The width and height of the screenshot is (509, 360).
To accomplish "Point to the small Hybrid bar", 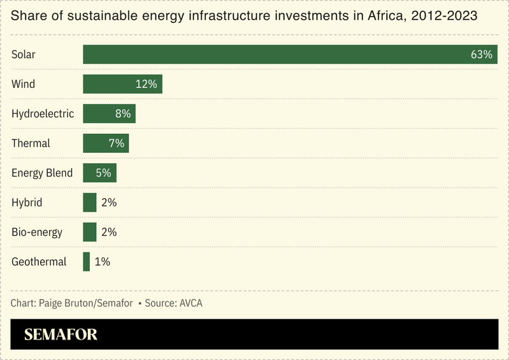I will pos(90,203).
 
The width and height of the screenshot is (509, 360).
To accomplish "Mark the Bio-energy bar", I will pos(90,232).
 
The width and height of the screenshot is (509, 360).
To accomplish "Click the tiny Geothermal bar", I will pos(87,261).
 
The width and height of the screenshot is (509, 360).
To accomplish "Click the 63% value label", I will pos(481,55).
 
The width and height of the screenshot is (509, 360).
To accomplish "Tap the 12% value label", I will pos(146,84).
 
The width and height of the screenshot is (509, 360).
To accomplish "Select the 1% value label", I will pos(102,261).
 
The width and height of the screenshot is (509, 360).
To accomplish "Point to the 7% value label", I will pos(116,143).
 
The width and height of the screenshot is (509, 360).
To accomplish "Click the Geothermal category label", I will pos(39,261).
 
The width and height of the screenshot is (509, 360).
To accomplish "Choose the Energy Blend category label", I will pos(42,173).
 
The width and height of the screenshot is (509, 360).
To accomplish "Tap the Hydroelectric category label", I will pos(43,114).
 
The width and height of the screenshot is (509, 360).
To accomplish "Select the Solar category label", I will pos(24,55).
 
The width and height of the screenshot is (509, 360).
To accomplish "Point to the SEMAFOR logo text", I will pos(61,335).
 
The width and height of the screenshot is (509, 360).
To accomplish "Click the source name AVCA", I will pos(190,303).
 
